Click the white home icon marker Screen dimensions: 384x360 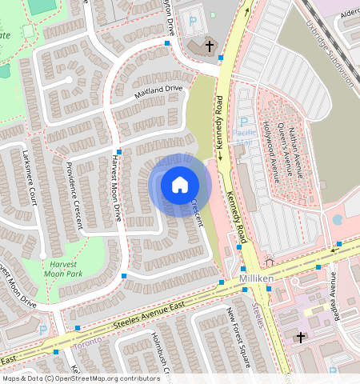180,185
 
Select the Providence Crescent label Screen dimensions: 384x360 74,195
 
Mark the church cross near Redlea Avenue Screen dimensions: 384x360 301,338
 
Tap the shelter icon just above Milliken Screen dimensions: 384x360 269,262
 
